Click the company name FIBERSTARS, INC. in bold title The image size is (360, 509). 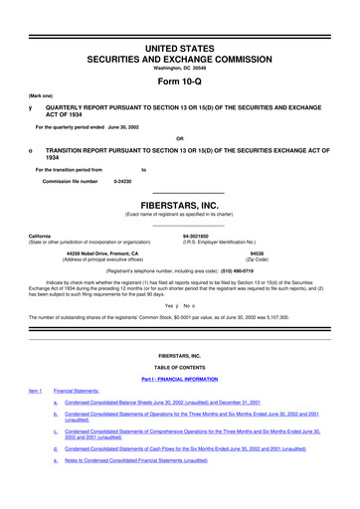tap(179, 202)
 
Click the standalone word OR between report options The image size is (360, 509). tap(179, 138)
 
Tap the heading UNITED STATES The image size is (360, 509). tap(179, 20)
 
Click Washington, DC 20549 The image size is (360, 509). tap(179, 40)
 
